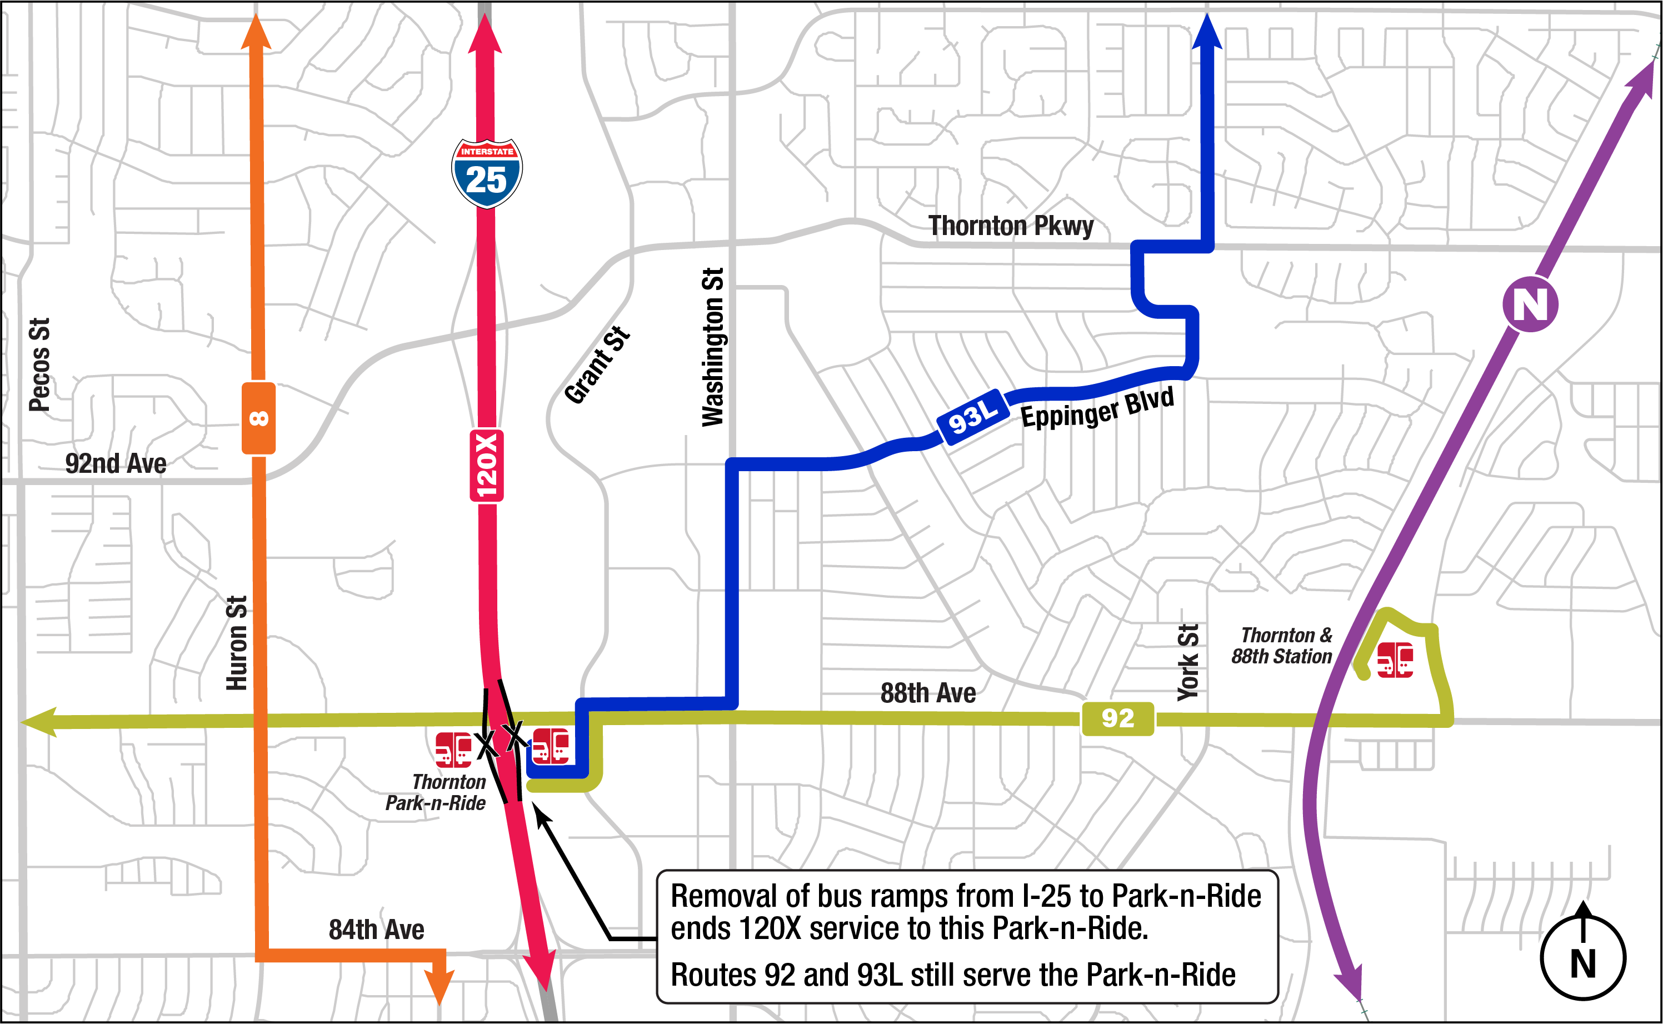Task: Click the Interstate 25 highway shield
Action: tap(486, 173)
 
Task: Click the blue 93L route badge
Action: tap(972, 417)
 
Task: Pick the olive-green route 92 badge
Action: tap(1117, 718)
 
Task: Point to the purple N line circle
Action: tap(1530, 304)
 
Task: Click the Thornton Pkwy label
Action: tap(1010, 226)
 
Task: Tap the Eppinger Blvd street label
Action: tap(1097, 408)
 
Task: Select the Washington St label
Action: tap(713, 347)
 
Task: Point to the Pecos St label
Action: tap(39, 364)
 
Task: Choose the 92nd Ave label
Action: tap(115, 464)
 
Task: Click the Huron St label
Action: tap(236, 643)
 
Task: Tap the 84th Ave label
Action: tap(377, 930)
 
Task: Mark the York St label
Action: tap(1188, 662)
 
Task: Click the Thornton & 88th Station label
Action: tap(1281, 646)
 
